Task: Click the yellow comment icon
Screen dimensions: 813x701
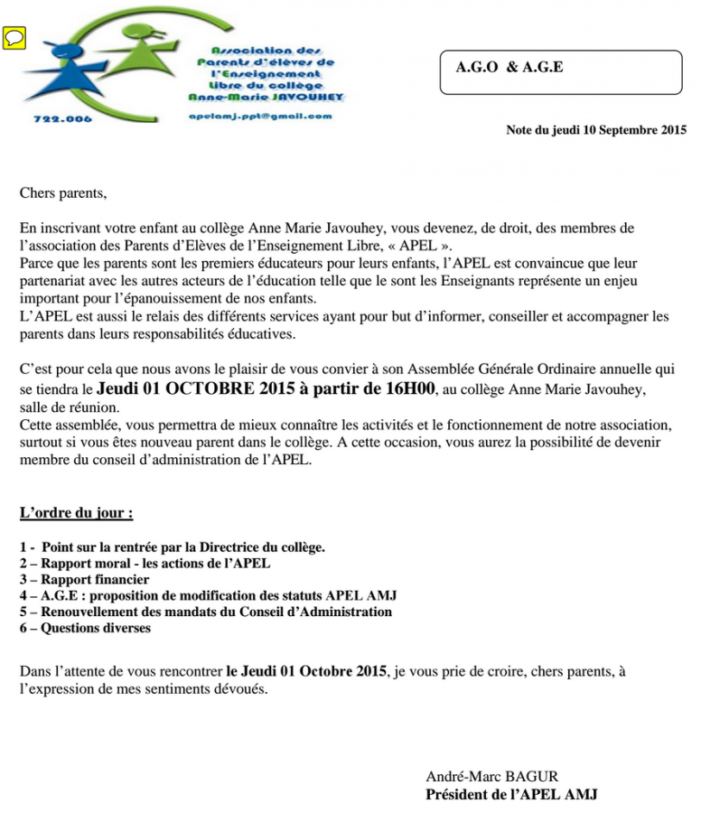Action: click(x=15, y=38)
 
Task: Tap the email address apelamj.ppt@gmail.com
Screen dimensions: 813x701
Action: click(x=260, y=117)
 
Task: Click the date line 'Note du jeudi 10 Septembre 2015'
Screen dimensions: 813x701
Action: click(x=596, y=130)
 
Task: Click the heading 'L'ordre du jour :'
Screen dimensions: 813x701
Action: click(x=77, y=513)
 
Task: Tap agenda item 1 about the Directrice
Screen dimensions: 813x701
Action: click(x=172, y=547)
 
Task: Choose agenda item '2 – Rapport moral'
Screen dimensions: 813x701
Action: click(x=145, y=563)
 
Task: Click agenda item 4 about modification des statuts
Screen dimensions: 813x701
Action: click(x=208, y=595)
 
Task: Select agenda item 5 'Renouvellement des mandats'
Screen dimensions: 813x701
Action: click(x=205, y=612)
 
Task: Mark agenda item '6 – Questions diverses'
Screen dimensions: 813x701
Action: click(x=85, y=628)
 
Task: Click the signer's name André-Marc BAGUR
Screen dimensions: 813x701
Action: click(x=492, y=776)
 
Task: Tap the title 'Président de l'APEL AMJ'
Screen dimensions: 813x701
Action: click(x=511, y=794)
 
